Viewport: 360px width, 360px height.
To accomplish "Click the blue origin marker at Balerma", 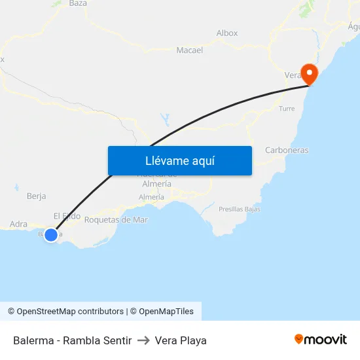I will point(51,234).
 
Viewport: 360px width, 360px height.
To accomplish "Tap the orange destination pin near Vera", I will point(307,73).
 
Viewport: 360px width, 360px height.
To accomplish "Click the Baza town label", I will point(78,3).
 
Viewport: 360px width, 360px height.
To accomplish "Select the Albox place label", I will point(227,33).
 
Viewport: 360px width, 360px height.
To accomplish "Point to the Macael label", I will point(190,50).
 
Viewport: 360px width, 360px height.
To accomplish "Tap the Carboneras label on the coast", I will point(287,150).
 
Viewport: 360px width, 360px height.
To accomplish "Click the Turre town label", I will point(287,109).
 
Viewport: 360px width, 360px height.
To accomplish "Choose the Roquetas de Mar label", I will point(117,220).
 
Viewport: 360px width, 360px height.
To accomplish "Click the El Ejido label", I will point(67,216).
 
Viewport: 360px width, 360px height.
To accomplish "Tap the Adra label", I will point(18,224).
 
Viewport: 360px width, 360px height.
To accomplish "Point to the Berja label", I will point(37,196).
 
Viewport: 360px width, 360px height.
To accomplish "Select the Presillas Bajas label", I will point(240,209).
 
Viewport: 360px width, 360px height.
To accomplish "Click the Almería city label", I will point(152,197).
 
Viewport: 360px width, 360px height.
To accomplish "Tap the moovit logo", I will point(321,339).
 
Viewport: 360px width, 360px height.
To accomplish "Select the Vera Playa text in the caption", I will point(181,340).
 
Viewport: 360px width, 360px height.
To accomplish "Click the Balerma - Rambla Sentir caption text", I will point(73,340).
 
